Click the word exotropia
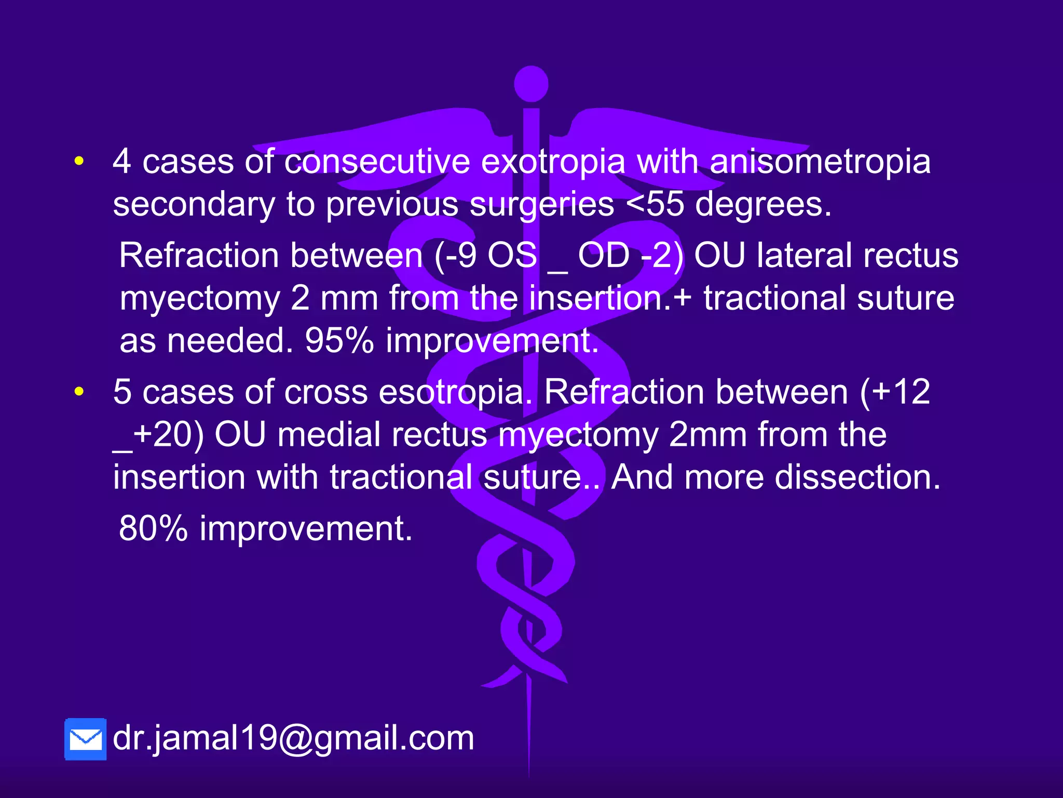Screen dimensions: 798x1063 tap(553, 162)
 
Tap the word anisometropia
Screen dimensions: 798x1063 tap(820, 162)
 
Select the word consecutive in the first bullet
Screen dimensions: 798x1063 tap(377, 162)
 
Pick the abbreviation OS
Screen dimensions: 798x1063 tap(512, 256)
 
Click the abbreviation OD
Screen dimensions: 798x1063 tap(604, 256)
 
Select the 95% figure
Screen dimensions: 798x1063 tap(339, 341)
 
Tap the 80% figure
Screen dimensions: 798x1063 tap(153, 529)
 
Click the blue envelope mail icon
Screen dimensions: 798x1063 tap(86, 739)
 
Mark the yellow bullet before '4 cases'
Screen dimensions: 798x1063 tap(79, 162)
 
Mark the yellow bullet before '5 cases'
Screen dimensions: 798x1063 tap(79, 392)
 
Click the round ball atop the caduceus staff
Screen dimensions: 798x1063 tap(531, 84)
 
